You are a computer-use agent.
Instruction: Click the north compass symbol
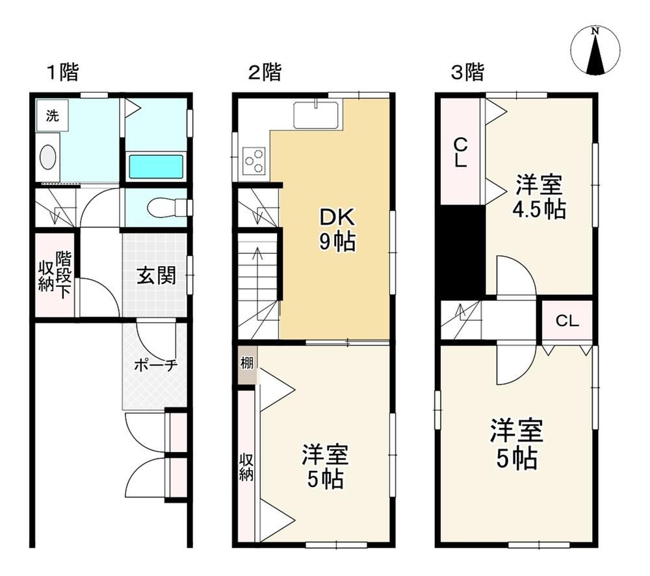point(595,51)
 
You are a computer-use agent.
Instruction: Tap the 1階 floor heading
point(62,72)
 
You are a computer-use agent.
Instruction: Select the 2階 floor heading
point(265,72)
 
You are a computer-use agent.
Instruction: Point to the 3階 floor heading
point(467,72)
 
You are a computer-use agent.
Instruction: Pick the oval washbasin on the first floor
point(47,157)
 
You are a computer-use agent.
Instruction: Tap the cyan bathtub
point(156,166)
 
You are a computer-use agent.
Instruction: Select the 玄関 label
point(156,275)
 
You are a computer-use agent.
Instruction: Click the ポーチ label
point(156,365)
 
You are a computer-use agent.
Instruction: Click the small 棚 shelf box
point(247,365)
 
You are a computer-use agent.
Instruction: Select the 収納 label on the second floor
point(246,468)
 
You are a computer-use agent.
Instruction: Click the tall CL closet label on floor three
point(460,153)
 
